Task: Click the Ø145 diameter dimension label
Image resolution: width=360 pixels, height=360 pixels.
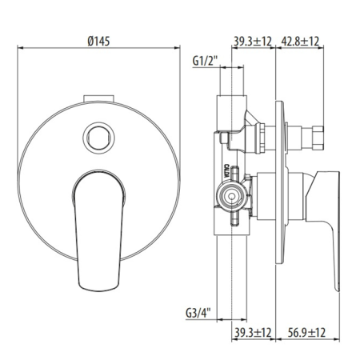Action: click(x=98, y=42)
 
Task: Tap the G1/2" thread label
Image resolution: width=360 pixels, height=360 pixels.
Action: click(x=205, y=61)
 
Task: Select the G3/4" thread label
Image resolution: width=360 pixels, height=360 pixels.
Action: click(x=198, y=313)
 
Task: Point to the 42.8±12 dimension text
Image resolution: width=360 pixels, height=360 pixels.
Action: click(x=300, y=42)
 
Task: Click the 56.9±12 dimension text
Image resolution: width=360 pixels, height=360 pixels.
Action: click(x=306, y=333)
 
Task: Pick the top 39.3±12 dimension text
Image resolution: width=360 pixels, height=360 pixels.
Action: click(x=253, y=42)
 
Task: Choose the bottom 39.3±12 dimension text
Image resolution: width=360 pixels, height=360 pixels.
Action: click(x=253, y=333)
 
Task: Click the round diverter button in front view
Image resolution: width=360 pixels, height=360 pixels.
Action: click(x=98, y=138)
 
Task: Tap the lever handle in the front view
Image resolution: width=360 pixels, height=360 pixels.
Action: click(x=98, y=230)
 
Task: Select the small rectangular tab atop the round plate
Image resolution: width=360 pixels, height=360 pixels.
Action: click(x=98, y=98)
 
